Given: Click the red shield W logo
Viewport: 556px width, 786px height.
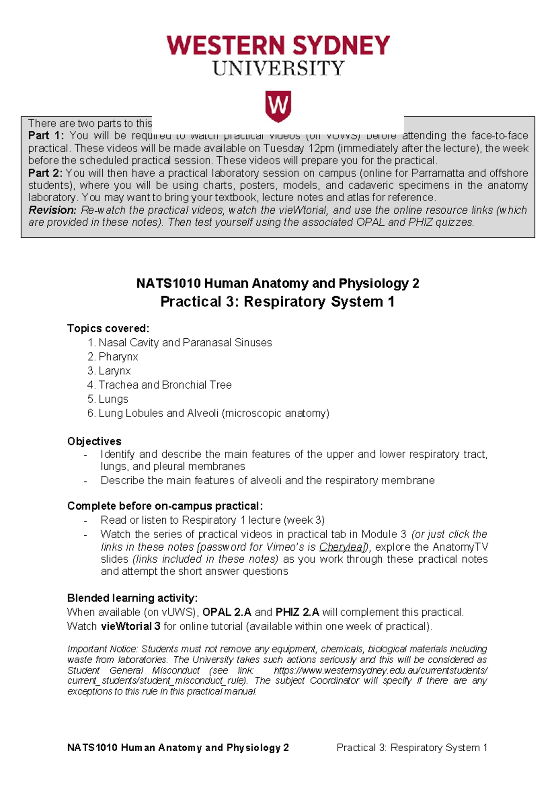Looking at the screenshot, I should (278, 106).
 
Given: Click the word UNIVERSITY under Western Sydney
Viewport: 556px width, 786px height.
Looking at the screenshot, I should (278, 69).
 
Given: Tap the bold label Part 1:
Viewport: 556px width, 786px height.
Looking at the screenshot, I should (45, 136).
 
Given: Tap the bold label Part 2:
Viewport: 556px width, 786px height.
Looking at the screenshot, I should (45, 173).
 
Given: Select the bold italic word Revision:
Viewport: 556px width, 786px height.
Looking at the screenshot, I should (52, 210).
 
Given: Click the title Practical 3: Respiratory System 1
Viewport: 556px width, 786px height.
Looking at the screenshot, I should (277, 302).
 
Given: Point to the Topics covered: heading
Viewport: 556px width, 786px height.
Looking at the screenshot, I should (108, 329).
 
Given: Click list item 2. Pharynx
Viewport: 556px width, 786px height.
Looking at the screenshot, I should (113, 357).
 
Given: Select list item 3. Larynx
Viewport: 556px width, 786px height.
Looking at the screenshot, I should (109, 371).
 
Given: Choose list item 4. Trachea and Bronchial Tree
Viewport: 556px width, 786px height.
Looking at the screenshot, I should (159, 385).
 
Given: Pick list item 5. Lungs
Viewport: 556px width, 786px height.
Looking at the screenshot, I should (107, 399).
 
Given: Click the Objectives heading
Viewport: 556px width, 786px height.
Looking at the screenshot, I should (94, 441).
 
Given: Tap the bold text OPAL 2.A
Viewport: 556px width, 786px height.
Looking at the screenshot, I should (227, 612).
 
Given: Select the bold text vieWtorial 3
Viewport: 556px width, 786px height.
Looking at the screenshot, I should (131, 627).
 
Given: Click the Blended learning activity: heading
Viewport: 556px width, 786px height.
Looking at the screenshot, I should (132, 598).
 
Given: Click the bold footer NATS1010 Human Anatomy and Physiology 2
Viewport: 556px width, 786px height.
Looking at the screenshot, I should (178, 748).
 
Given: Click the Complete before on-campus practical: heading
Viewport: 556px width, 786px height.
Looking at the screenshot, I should (165, 506).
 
